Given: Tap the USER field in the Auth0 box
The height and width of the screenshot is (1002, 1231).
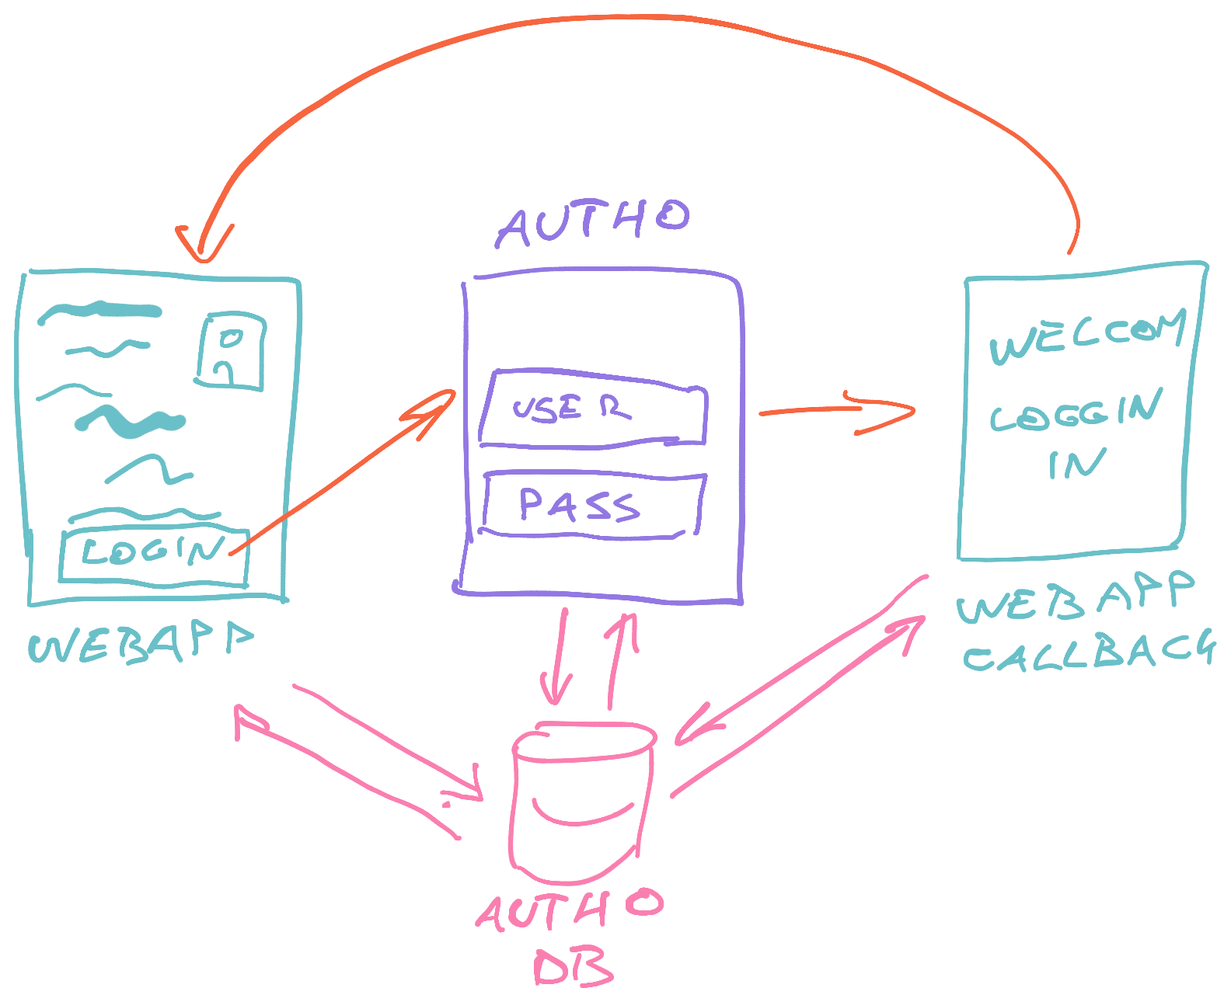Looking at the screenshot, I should [592, 410].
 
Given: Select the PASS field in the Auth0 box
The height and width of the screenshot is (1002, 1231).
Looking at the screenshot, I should [592, 505].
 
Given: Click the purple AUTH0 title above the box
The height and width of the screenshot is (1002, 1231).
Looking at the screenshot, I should [594, 222].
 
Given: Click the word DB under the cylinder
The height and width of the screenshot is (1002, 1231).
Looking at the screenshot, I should [573, 967].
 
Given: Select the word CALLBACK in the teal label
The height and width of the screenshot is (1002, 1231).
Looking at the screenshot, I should [1088, 652].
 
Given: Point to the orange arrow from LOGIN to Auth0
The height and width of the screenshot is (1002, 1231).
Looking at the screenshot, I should [342, 474].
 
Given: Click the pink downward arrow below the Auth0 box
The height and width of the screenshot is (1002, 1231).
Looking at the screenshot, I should [556, 660].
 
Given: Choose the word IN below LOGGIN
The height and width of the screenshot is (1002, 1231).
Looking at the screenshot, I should [1076, 464].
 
